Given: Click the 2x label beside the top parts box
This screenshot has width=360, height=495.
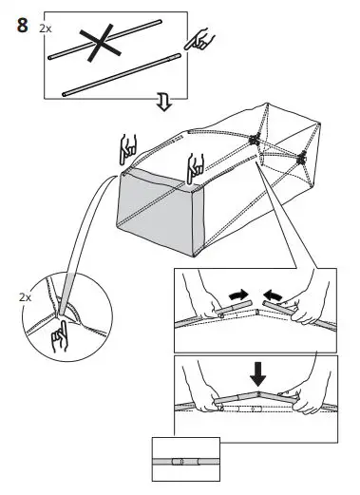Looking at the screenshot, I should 47,29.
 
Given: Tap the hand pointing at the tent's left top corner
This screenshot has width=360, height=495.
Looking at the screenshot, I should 129,151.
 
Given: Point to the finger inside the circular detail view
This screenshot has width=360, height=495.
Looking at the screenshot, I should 64,333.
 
